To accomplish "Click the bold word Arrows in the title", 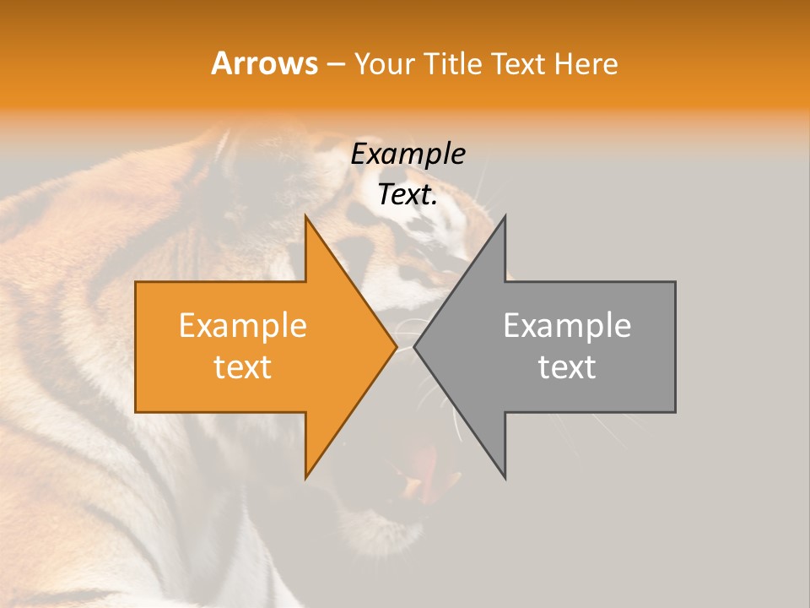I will pyautogui.click(x=264, y=63).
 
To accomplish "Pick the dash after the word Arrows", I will pyautogui.click(x=335, y=64).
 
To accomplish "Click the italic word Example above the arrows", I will pyautogui.click(x=408, y=155).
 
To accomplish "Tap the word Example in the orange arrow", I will pyautogui.click(x=243, y=326).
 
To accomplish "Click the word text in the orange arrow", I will pyautogui.click(x=243, y=367).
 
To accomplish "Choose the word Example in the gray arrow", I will pyautogui.click(x=567, y=326).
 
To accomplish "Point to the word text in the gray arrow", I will pyautogui.click(x=567, y=367).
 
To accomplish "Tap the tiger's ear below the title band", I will pyautogui.click(x=221, y=156).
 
